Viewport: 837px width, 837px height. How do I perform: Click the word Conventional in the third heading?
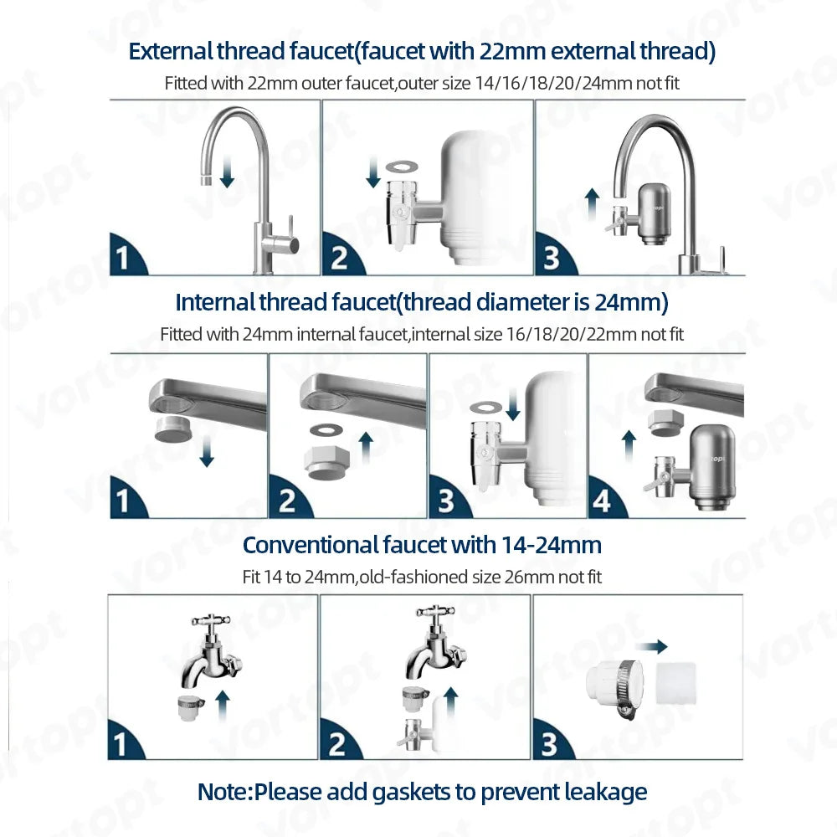(x=310, y=545)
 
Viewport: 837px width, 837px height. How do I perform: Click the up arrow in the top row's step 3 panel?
(x=592, y=204)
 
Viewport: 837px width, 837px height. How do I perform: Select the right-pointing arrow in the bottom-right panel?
(x=651, y=647)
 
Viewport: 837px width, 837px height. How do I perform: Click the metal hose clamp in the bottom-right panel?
(x=629, y=689)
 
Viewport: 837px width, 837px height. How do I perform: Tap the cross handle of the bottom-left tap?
(x=211, y=621)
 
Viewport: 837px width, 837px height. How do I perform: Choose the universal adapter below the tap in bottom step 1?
(x=191, y=707)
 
